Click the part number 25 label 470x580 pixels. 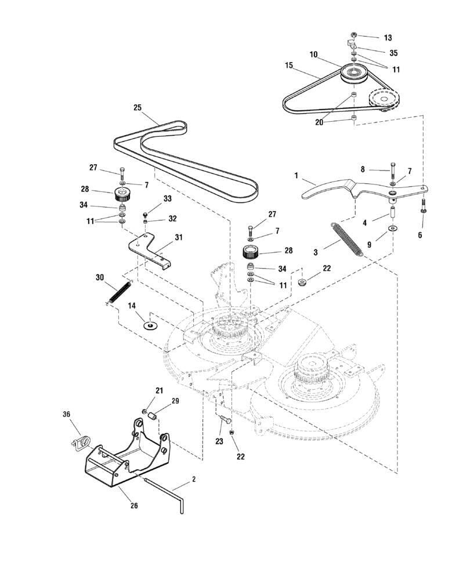138,107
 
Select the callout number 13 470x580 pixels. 388,38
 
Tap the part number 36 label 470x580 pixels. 66,414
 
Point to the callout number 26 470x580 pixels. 134,505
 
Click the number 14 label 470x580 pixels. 132,305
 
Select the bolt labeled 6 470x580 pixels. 423,205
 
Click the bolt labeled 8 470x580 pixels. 393,172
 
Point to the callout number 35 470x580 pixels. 393,53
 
